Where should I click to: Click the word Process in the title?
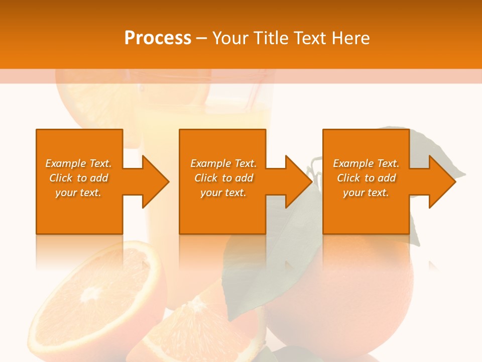pos(158,38)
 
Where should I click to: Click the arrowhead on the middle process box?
pos(298,182)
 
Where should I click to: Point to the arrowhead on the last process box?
pos(442,182)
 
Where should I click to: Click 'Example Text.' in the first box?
pos(78,163)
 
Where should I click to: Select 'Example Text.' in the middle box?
pos(223,163)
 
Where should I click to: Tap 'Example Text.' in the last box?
pos(366,163)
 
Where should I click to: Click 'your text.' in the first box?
pos(78,193)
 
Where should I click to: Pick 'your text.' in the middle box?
pos(223,193)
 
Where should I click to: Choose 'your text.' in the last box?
pos(366,193)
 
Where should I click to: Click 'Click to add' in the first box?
pos(78,178)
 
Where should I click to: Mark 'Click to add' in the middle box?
pos(223,178)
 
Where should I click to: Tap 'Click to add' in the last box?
pos(366,178)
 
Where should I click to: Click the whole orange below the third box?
pos(341,297)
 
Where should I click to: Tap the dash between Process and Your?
pos(201,38)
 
